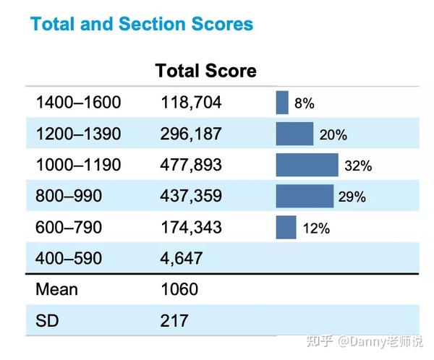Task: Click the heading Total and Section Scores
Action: [x=142, y=24]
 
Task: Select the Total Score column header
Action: [x=205, y=71]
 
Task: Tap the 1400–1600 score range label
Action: [x=79, y=102]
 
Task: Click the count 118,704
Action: [x=191, y=103]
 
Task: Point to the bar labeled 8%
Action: [x=282, y=103]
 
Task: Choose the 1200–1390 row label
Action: [x=79, y=134]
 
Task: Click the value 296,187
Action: [x=191, y=134]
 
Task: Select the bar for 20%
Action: [x=294, y=134]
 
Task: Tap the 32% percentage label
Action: [x=358, y=166]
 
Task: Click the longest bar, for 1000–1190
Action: [x=307, y=165]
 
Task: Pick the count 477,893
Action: [x=191, y=165]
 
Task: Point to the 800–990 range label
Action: [x=69, y=196]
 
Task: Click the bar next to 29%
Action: [x=305, y=196]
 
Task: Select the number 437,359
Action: [x=191, y=196]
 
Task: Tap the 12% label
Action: [x=316, y=228]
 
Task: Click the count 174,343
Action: [x=191, y=228]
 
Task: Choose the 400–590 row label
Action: [x=69, y=258]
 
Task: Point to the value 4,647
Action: [x=182, y=259]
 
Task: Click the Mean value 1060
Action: [x=179, y=289]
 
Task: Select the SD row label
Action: [x=47, y=321]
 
